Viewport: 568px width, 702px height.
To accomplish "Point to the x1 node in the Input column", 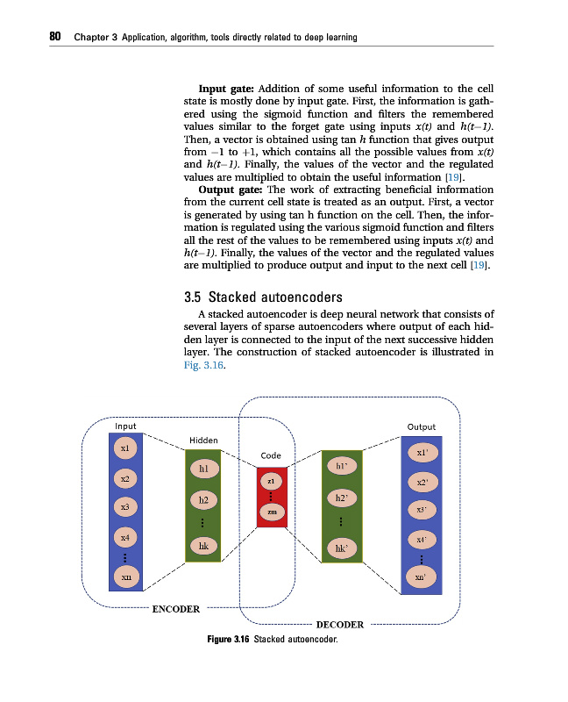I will click(x=125, y=448).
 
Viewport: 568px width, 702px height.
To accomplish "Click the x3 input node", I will click(x=125, y=507).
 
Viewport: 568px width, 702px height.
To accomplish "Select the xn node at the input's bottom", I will click(x=126, y=577).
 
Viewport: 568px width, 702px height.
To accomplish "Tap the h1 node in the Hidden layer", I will click(x=202, y=469).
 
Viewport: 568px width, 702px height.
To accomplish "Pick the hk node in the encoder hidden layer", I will click(x=202, y=546).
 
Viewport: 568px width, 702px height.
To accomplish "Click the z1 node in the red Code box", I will click(x=272, y=482).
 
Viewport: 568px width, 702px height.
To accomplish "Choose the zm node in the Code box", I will click(x=272, y=512).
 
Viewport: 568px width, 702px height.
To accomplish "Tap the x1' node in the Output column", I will click(x=422, y=453).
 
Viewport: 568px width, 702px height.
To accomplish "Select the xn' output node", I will click(x=422, y=577).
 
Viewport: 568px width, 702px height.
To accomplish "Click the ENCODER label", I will click(x=175, y=608).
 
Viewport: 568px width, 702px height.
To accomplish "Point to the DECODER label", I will click(x=339, y=625).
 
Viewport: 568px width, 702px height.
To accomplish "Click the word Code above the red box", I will click(x=271, y=455).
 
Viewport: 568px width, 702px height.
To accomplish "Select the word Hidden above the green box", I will click(x=203, y=440).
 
